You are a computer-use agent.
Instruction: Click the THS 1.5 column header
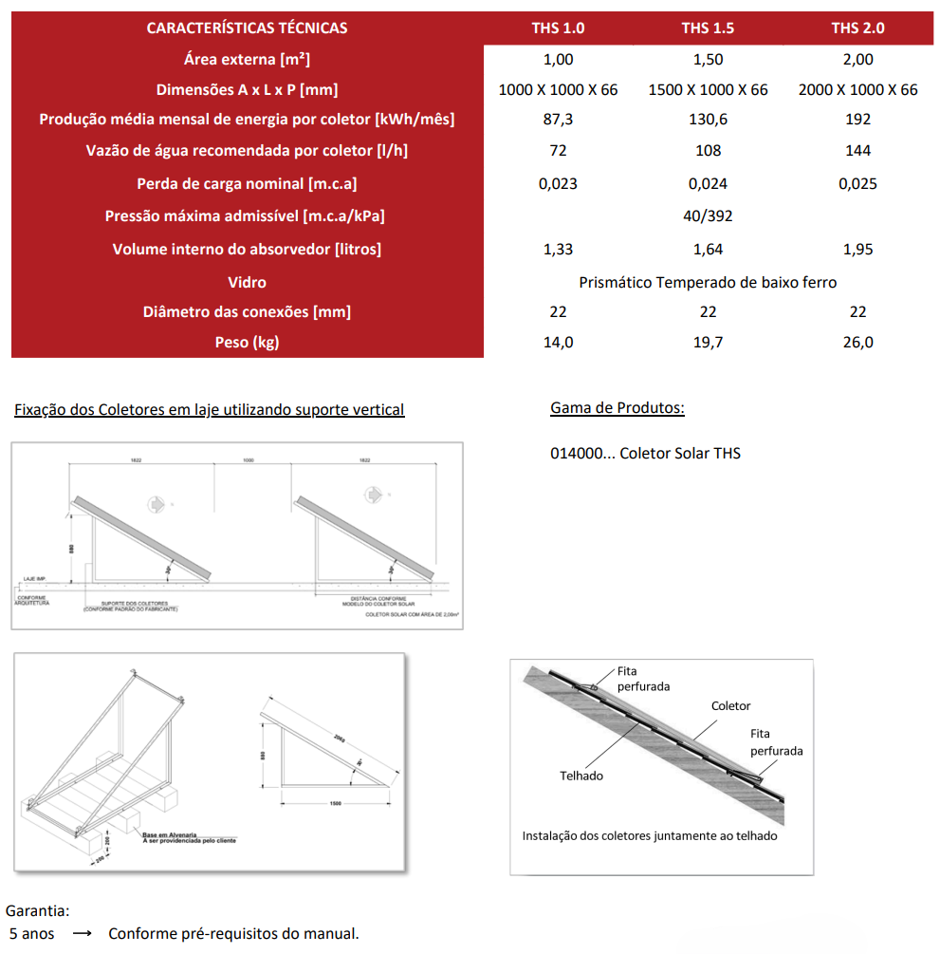click(708, 28)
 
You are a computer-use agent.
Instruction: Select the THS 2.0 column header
click(857, 28)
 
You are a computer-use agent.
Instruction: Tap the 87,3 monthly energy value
click(558, 120)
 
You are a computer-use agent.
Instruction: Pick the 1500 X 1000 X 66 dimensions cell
click(708, 89)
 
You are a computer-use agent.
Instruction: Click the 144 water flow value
click(857, 150)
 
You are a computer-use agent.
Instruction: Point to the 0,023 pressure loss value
click(558, 183)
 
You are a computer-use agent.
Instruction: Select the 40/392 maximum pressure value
click(708, 215)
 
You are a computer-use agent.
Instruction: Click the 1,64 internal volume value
click(708, 249)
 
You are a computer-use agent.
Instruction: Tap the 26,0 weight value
click(857, 342)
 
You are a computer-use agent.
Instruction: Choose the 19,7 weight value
click(708, 342)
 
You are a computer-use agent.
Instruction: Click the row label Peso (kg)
click(247, 342)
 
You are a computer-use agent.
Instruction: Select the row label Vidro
click(247, 282)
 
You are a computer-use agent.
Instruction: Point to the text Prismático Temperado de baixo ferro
click(708, 282)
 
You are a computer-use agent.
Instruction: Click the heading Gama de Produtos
click(617, 408)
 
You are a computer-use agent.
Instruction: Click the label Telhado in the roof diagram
click(581, 776)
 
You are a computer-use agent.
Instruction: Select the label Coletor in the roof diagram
click(730, 706)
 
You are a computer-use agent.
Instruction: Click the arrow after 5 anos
click(82, 934)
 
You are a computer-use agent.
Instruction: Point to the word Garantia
click(37, 909)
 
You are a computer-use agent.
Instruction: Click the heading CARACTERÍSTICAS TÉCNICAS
click(247, 28)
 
